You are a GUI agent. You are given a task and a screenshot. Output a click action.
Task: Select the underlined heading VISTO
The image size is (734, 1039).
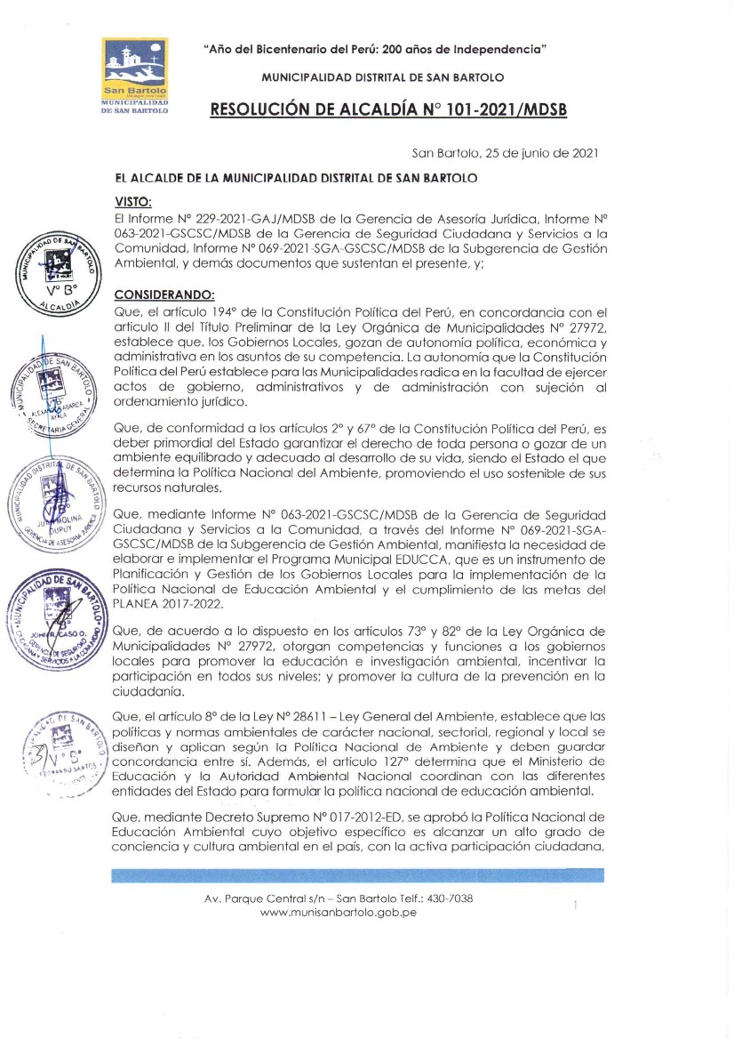pos(133,202)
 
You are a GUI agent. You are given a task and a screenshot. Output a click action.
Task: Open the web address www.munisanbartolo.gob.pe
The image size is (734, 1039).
pos(339,913)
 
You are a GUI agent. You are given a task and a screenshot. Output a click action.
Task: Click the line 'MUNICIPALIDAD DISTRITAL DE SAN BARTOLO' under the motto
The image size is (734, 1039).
pos(383,77)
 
